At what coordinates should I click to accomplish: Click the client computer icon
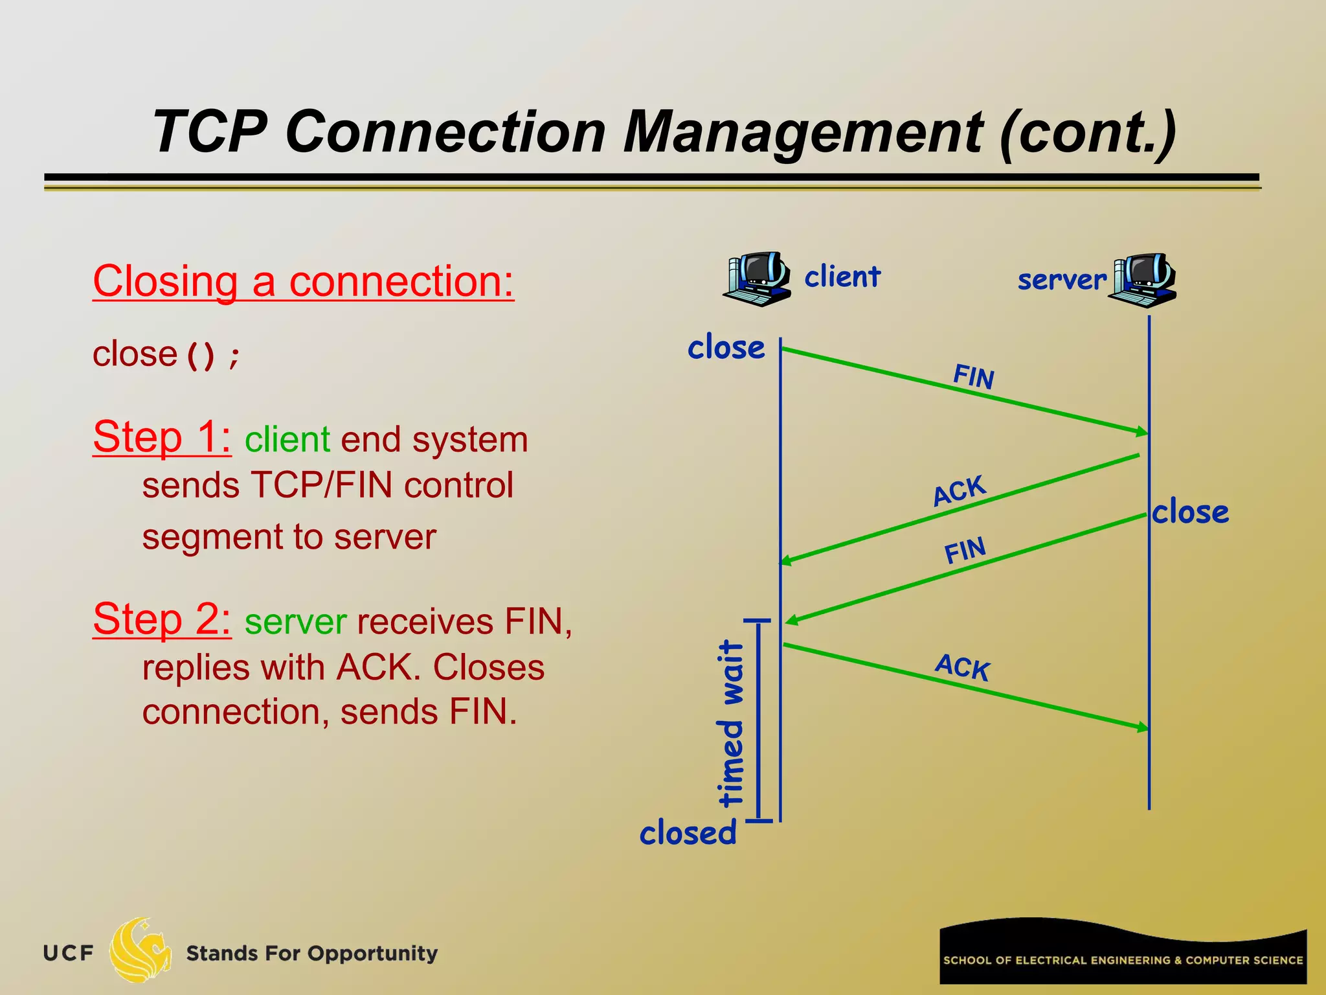pyautogui.click(x=756, y=279)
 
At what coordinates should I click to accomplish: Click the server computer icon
pyautogui.click(x=1143, y=280)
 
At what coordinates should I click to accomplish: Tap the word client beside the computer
pyautogui.click(x=842, y=277)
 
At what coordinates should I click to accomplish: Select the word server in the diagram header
pyautogui.click(x=1062, y=280)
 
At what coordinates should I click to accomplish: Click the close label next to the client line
pyautogui.click(x=726, y=347)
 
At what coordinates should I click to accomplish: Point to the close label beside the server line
pyautogui.click(x=1190, y=512)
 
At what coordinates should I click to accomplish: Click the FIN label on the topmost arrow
pyautogui.click(x=973, y=376)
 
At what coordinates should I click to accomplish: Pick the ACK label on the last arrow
pyautogui.click(x=962, y=667)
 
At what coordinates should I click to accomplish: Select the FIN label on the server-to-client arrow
pyautogui.click(x=965, y=551)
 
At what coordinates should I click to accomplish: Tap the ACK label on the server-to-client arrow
pyautogui.click(x=959, y=490)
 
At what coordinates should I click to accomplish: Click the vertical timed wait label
pyautogui.click(x=732, y=722)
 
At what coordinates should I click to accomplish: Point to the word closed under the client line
pyautogui.click(x=688, y=833)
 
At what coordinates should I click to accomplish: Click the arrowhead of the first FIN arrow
pyautogui.click(x=1142, y=431)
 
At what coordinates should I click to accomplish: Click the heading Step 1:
pyautogui.click(x=162, y=437)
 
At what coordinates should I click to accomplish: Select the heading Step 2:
pyautogui.click(x=162, y=619)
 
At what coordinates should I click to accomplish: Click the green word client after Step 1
pyautogui.click(x=287, y=440)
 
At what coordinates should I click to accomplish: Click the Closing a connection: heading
pyautogui.click(x=303, y=282)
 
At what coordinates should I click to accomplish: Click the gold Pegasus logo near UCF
pyautogui.click(x=139, y=950)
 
